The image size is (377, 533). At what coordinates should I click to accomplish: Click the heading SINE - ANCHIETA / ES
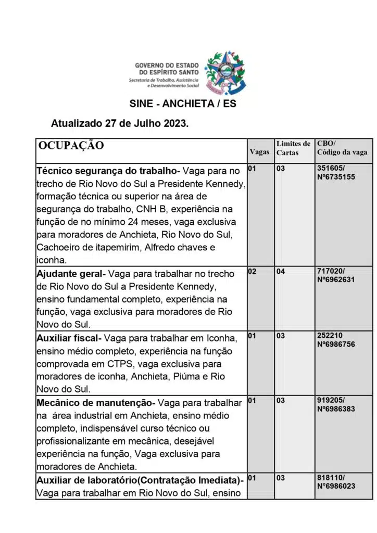(183, 104)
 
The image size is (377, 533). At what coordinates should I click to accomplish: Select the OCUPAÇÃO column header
(71, 145)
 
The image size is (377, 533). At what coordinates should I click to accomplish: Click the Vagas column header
(260, 152)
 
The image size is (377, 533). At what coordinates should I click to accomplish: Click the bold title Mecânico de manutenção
(95, 403)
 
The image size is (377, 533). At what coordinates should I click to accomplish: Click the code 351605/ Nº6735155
(336, 173)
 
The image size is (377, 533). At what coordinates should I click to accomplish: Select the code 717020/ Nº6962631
(336, 275)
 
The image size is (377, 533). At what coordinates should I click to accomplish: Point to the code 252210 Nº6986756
(336, 340)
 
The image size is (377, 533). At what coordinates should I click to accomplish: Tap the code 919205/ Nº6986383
(336, 405)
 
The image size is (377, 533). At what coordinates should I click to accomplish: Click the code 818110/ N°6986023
(336, 481)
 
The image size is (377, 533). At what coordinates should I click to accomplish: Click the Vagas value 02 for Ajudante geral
(252, 272)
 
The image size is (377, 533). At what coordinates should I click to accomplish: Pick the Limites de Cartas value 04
(281, 272)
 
